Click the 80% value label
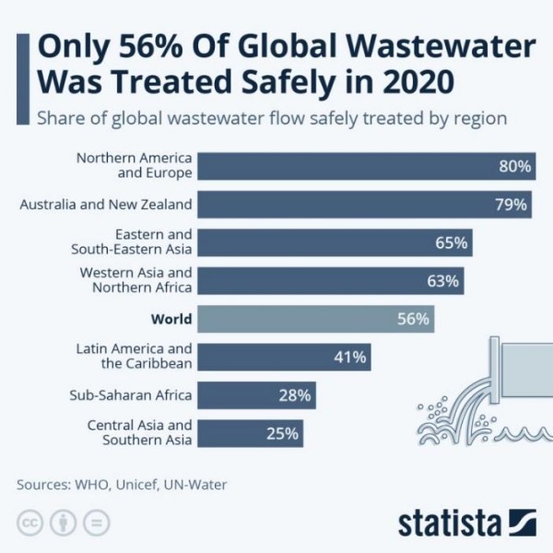514,167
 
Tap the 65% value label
452,243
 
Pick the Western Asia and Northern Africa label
135,280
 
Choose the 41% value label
350,357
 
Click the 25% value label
281,433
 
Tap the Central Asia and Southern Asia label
139,433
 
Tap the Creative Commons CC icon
31,522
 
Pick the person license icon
63,522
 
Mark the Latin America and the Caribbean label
133,357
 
